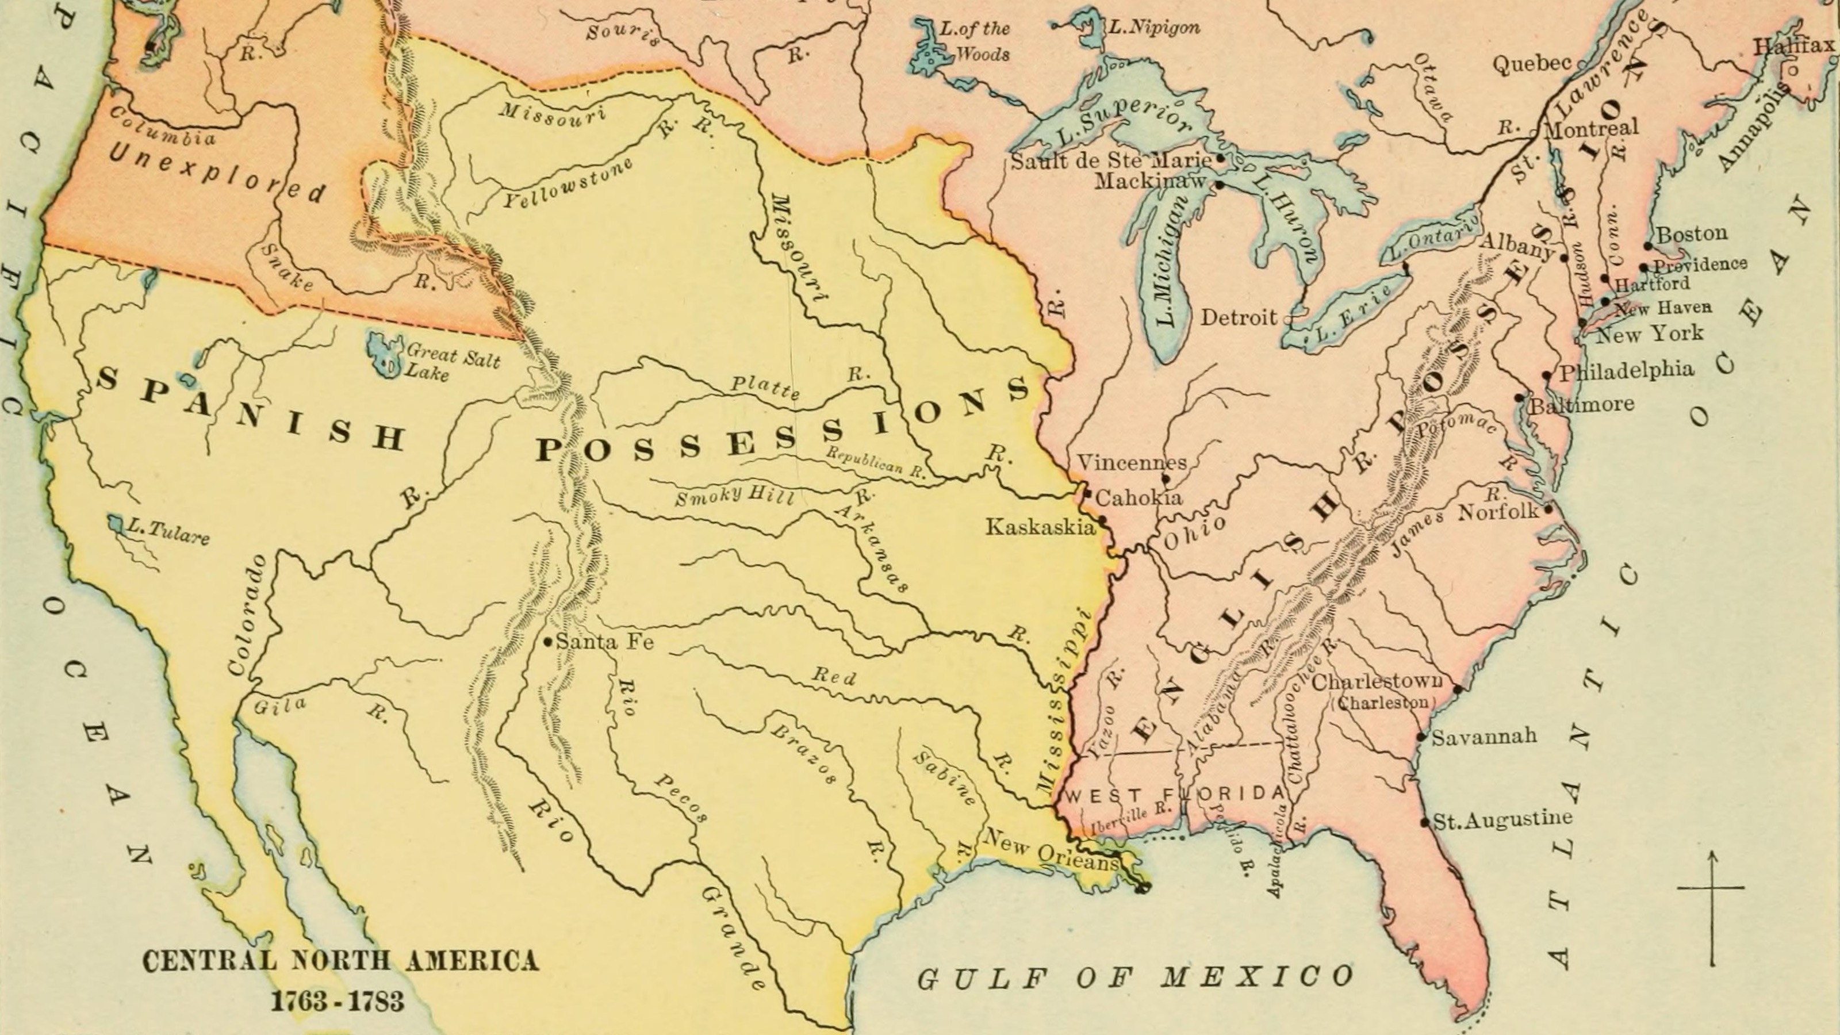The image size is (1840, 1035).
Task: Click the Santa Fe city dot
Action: click(x=548, y=642)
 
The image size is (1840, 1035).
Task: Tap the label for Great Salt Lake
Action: click(x=452, y=362)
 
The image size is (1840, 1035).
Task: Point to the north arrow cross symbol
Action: click(x=1711, y=888)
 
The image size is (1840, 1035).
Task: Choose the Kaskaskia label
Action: click(x=1040, y=527)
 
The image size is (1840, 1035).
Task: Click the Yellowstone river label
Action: click(x=568, y=183)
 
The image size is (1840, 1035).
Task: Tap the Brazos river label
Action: click(x=803, y=755)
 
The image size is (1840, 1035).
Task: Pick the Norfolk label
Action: click(x=1498, y=511)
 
